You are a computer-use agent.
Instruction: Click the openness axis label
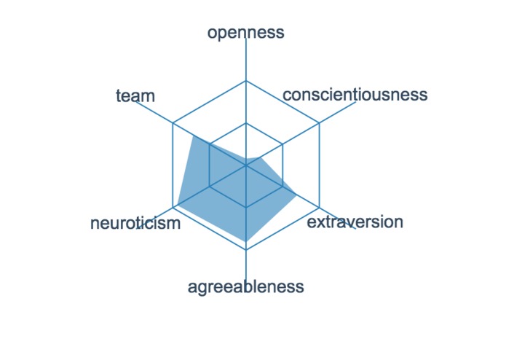[x=245, y=32]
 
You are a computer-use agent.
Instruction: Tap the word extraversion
[x=355, y=222]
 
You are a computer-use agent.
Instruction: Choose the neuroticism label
[x=135, y=223]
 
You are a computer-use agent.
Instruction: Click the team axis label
[x=135, y=95]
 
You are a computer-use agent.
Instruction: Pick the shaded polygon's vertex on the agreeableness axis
[x=246, y=241]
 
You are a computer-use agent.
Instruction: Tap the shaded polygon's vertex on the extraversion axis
[x=295, y=194]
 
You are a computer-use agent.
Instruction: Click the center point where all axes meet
[x=246, y=165]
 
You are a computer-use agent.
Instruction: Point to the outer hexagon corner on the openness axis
[x=246, y=80]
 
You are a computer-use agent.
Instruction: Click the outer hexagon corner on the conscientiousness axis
[x=320, y=123]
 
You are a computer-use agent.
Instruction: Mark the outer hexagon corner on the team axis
[x=173, y=123]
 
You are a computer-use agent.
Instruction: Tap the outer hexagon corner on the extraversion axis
[x=320, y=208]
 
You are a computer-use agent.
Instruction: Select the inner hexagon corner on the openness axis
[x=246, y=123]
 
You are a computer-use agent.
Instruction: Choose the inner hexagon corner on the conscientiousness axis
[x=282, y=144]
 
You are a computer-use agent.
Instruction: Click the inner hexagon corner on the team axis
[x=210, y=144]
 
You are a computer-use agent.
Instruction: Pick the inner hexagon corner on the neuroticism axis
[x=210, y=187]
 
